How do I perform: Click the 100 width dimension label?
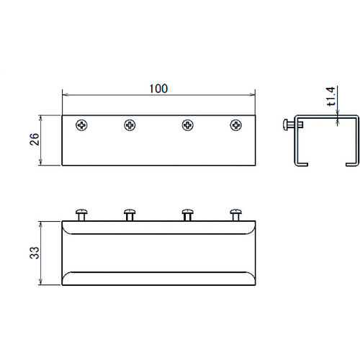(x=158, y=89)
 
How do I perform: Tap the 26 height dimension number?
(x=35, y=139)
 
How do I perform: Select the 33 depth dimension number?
(x=35, y=253)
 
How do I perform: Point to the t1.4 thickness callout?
(x=330, y=96)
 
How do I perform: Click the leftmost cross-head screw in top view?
(x=81, y=125)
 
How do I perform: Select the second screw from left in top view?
(x=130, y=125)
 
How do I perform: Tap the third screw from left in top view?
(x=188, y=125)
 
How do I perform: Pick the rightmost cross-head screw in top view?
(x=236, y=125)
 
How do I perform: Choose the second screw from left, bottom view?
(x=130, y=215)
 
